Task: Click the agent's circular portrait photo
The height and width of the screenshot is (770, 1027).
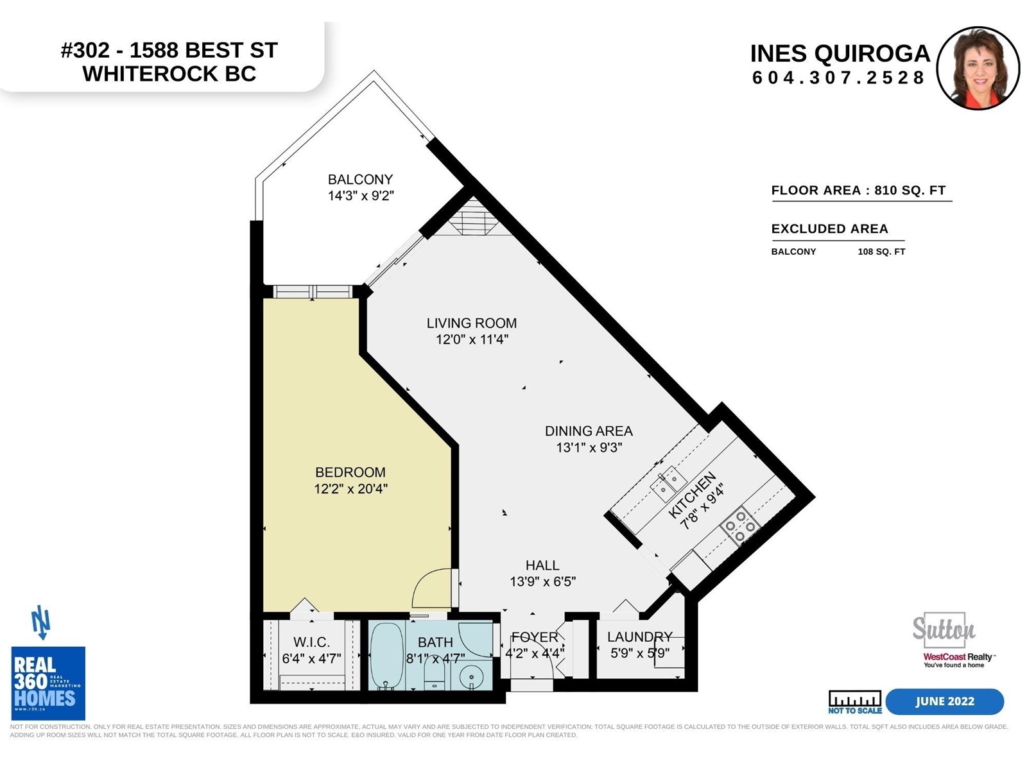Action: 978,68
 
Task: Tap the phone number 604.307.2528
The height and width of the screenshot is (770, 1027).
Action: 838,78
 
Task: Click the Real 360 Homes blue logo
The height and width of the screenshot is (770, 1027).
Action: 48,683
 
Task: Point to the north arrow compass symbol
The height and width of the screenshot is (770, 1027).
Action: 41,622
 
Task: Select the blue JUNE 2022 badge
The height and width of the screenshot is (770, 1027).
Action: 945,701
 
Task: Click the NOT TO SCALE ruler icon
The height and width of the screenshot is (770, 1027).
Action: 855,702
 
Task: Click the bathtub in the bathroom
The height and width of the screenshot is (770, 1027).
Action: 386,655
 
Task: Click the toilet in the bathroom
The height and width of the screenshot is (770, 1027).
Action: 436,676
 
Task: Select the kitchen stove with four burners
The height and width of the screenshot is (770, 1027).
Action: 739,526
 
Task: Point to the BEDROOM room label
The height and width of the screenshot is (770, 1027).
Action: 350,472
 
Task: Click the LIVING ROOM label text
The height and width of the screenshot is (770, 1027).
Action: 472,323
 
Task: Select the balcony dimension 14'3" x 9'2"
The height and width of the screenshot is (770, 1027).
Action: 361,196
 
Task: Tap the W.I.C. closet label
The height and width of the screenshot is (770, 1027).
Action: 311,642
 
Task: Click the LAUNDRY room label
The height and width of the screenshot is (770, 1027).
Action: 639,637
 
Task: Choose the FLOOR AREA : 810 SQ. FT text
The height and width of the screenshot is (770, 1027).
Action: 859,191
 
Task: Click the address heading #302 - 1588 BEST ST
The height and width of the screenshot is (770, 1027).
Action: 169,51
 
